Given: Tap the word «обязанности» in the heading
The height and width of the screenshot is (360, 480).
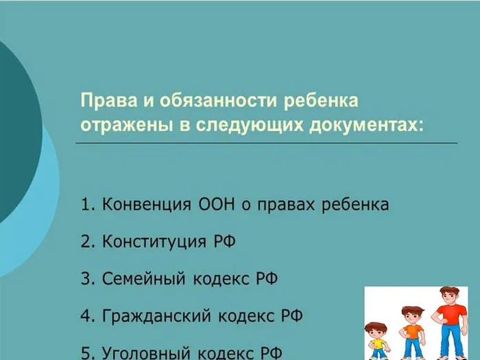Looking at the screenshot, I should click(x=200, y=101).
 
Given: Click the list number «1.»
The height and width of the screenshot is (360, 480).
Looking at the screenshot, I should click(x=87, y=204).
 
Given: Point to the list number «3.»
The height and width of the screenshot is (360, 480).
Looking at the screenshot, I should click(x=87, y=279).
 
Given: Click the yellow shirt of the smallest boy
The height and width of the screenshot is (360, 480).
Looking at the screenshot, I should click(x=377, y=343).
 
